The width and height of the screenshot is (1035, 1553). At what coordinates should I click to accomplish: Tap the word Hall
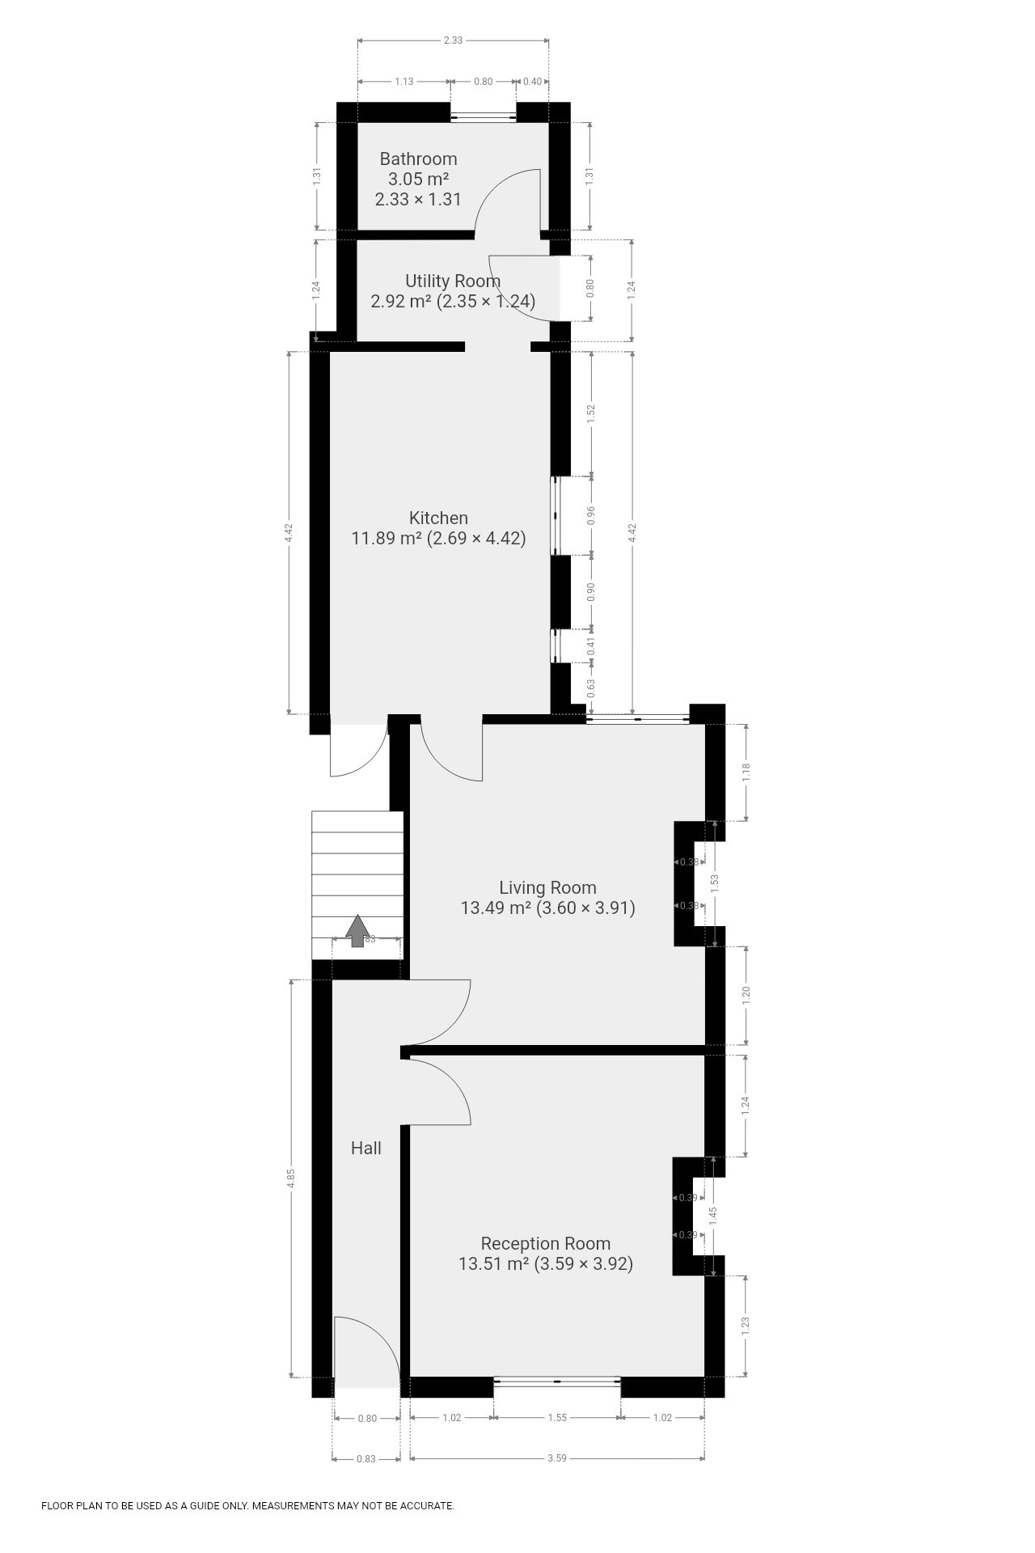(x=366, y=1149)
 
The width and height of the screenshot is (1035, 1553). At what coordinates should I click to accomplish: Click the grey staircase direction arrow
(x=357, y=930)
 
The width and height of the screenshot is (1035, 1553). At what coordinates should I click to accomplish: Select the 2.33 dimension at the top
(x=453, y=40)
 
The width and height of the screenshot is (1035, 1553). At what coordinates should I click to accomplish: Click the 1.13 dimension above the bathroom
(x=403, y=82)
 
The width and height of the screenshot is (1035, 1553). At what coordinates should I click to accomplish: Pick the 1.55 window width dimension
(x=557, y=1418)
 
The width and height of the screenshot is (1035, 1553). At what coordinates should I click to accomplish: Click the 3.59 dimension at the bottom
(x=557, y=1458)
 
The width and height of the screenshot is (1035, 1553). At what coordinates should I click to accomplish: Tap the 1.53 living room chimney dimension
(x=714, y=883)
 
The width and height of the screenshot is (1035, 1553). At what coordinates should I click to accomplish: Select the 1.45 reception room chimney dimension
(x=713, y=1217)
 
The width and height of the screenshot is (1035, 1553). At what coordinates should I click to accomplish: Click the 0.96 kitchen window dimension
(x=591, y=515)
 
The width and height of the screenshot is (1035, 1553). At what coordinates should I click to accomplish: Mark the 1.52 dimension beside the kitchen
(x=591, y=413)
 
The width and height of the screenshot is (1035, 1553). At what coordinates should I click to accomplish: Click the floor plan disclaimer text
(x=247, y=1506)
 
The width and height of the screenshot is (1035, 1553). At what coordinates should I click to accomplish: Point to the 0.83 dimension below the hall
(x=366, y=1459)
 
